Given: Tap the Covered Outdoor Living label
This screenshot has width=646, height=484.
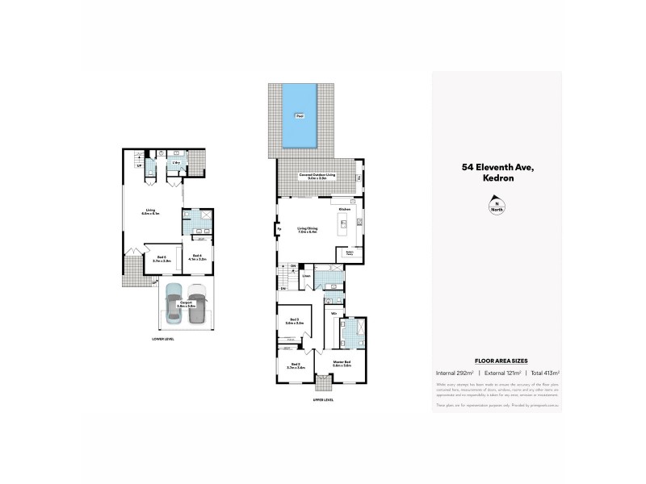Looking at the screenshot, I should tap(317, 176).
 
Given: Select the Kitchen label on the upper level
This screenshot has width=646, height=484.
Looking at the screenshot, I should tap(344, 208).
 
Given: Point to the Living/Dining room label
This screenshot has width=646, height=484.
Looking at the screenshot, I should tap(308, 231).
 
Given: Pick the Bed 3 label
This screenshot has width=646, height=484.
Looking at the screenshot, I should tap(295, 321).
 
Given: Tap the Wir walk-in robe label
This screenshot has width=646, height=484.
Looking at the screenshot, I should tap(333, 311).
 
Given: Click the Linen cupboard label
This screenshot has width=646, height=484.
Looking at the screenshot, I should tap(307, 277).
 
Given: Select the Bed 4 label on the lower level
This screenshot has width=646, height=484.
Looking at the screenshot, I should tap(197, 257).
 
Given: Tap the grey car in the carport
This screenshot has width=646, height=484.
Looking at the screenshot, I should tap(196, 306).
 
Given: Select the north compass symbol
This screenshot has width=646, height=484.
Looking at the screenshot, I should tap(496, 207).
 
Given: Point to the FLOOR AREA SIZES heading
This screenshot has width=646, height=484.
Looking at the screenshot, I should tap(496, 361).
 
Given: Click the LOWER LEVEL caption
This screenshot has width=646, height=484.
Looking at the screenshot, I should tap(162, 339).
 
